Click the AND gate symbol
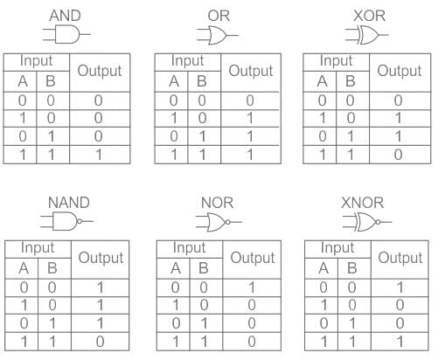point(67,34)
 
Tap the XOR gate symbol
point(366,35)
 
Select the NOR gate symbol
point(219,222)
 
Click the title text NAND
point(69,203)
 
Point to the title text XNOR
point(362,203)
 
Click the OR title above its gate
point(219,16)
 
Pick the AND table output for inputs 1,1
point(99,155)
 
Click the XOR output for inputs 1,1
point(398,155)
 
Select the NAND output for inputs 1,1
point(100,342)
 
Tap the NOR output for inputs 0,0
point(252,287)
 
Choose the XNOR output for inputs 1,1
point(400,342)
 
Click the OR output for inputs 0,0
point(250,100)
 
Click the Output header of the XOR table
point(400,71)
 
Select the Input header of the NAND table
point(38,248)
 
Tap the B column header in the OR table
point(202,81)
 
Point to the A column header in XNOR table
point(323,268)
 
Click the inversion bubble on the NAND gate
point(80,221)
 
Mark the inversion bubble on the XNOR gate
point(378,222)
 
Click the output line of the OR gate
point(233,36)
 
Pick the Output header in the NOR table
point(253,258)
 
